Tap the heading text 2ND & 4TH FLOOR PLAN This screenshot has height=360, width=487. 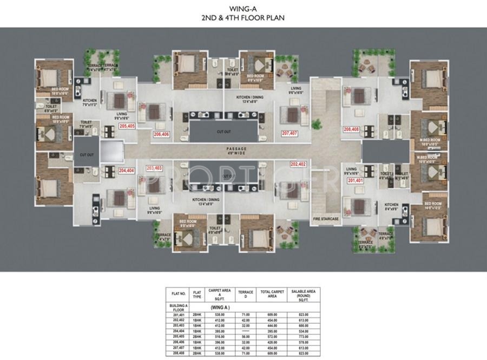coord(242,17)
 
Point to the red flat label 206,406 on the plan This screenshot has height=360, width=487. coord(161,134)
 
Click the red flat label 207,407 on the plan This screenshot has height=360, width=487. coord(289,133)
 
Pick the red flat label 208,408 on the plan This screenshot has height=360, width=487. coord(351,129)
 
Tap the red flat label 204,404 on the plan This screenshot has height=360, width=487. coord(126,170)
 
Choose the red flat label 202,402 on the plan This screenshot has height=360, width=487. coord(298,163)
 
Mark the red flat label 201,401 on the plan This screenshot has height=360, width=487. coord(355,180)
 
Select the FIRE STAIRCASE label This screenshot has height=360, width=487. coord(326,219)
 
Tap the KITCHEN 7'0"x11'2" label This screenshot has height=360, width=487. coord(89,103)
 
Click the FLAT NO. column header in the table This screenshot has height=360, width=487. coord(179,293)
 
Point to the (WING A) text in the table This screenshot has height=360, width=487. coord(220,307)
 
